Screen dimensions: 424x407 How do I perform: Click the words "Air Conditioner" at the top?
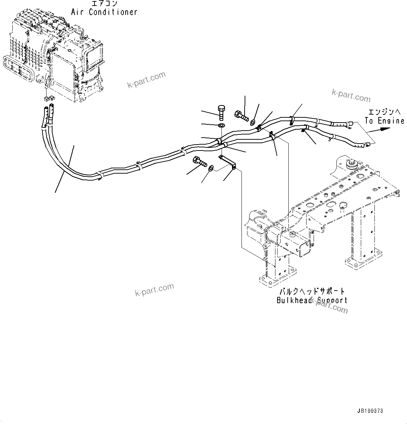click(104, 12)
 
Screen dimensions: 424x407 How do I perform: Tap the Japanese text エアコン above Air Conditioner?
click(104, 4)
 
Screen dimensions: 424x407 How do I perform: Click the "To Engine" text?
click(384, 121)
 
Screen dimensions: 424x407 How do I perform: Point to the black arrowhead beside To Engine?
click(385, 129)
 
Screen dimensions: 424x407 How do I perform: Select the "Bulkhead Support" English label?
click(311, 300)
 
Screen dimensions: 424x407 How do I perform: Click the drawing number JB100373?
click(370, 411)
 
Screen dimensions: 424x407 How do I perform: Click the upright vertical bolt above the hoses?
click(221, 113)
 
